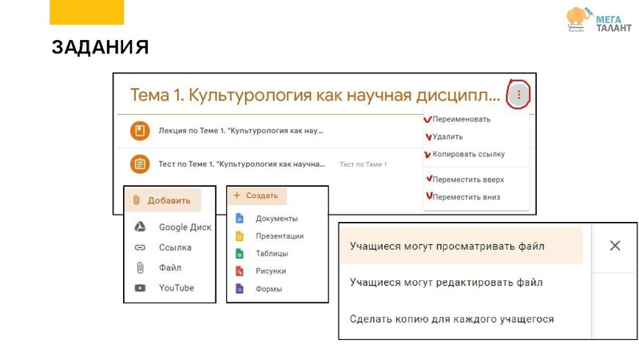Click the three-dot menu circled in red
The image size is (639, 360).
point(518,96)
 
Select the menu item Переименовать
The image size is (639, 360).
point(461,120)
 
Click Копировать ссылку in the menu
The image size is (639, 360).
point(468,154)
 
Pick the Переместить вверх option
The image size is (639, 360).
point(468,180)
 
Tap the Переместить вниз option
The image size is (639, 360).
point(466,197)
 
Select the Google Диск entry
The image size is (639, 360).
point(185,227)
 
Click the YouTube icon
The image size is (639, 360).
point(141,288)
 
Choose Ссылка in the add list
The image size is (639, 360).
point(175,247)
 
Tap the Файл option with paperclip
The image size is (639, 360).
point(169,268)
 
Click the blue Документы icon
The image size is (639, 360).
point(239,219)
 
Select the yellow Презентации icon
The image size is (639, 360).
point(239,236)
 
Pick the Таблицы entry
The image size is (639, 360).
point(272,254)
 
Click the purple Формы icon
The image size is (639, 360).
point(239,289)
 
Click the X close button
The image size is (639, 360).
point(615,246)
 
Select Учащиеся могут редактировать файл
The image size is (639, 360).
point(447,283)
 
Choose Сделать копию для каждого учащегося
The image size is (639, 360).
point(452,319)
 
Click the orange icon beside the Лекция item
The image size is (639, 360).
point(140,130)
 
